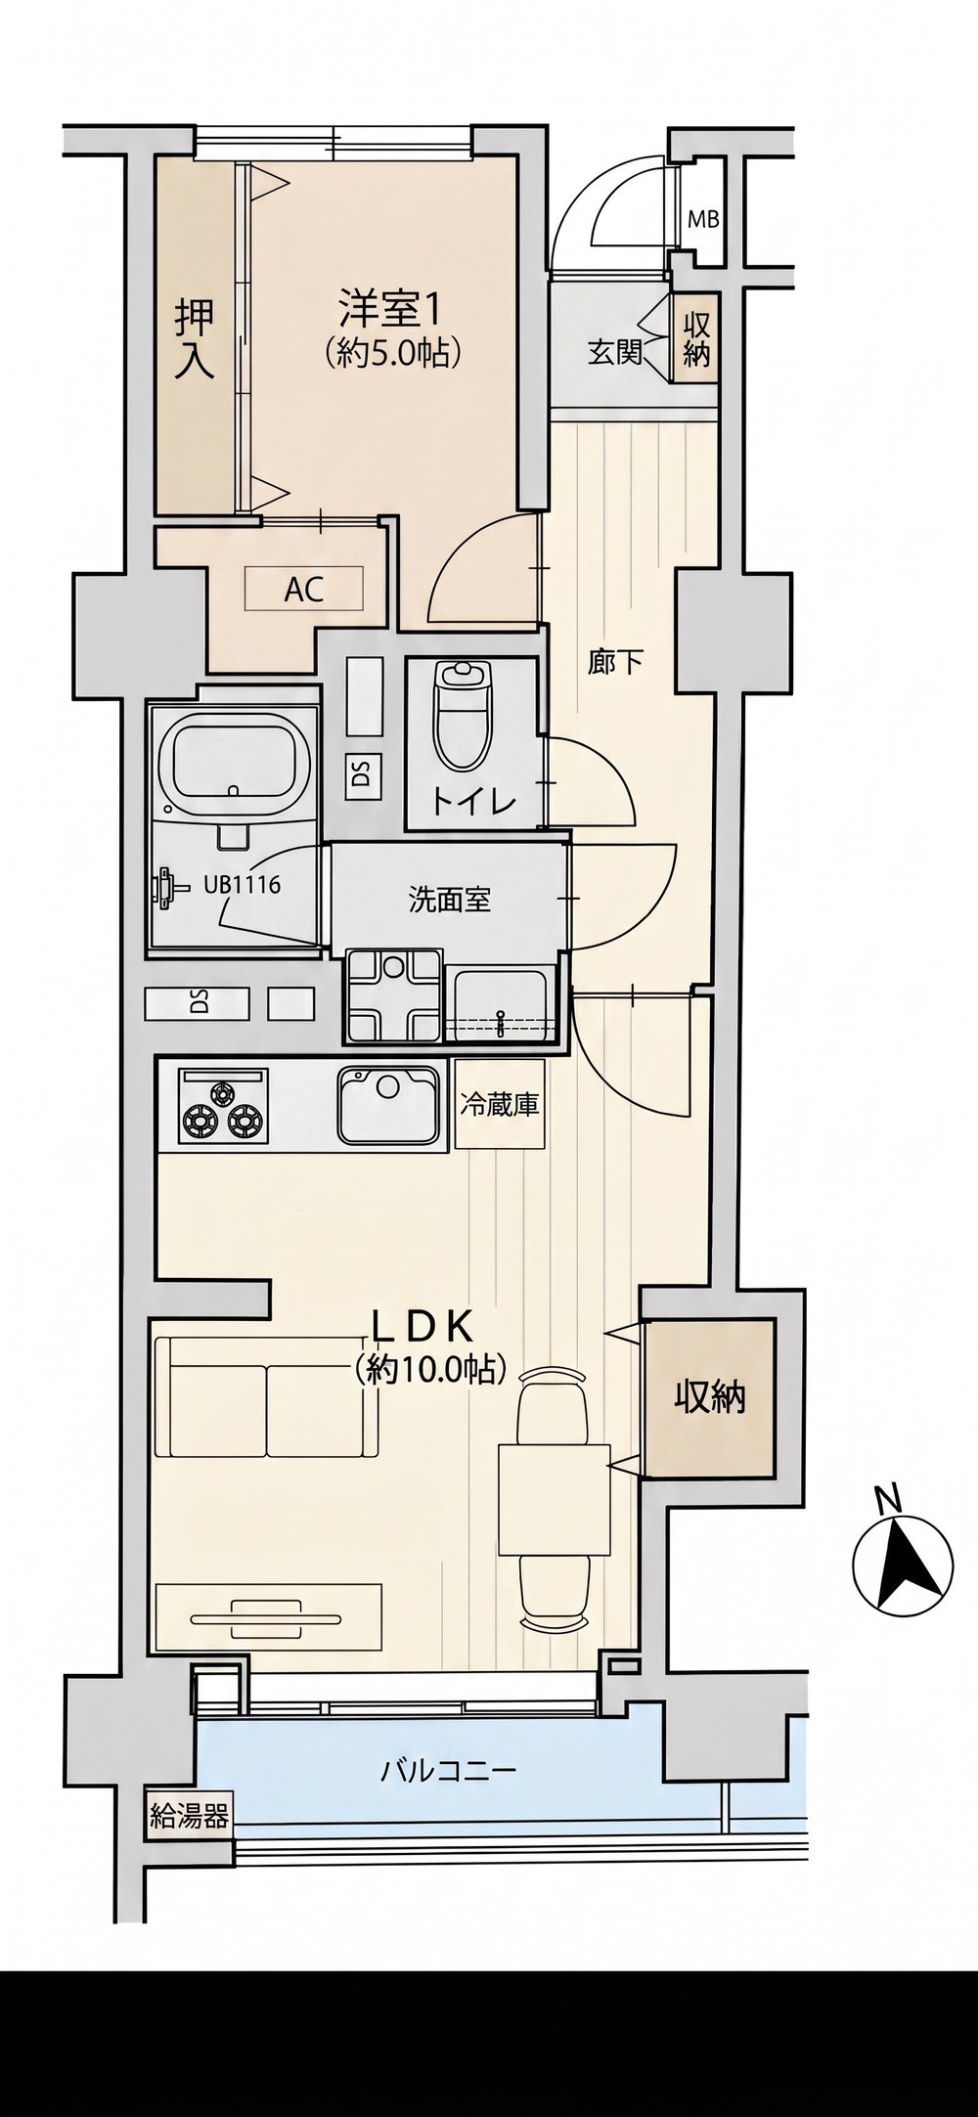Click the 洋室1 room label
[388, 309]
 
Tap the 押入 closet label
[194, 337]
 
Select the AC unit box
[303, 589]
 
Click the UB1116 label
[242, 886]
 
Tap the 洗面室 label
[449, 901]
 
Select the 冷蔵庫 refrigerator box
[500, 1105]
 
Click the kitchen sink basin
[387, 1104]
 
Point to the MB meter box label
[703, 219]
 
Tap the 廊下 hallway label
[615, 663]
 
